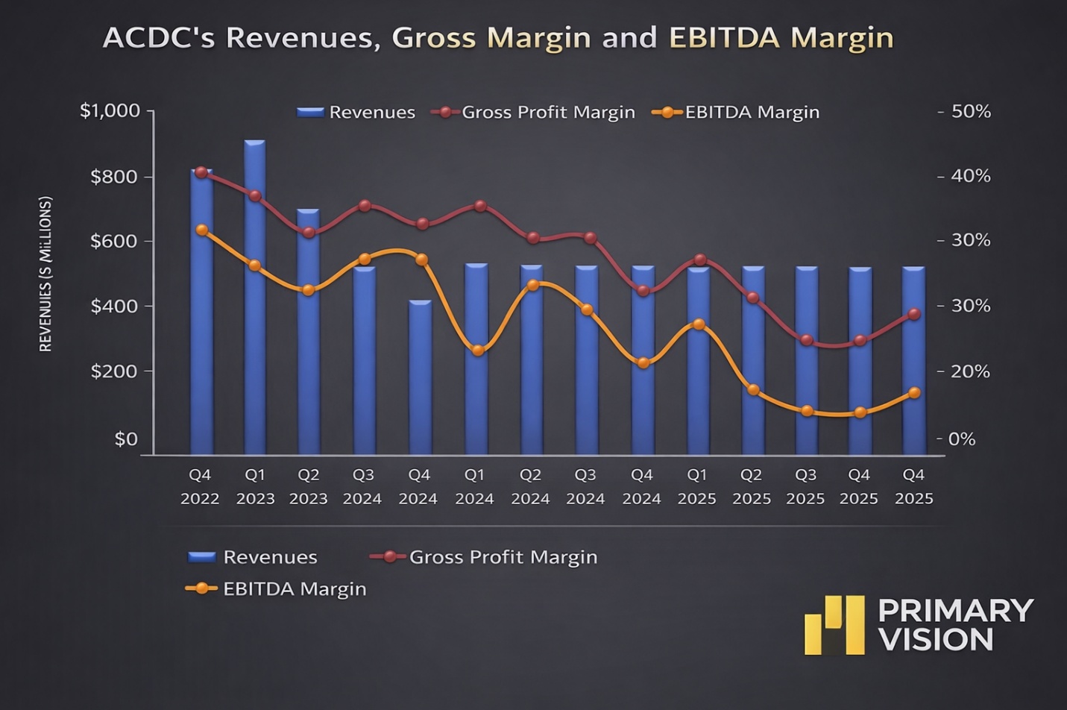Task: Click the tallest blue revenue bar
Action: coord(255,298)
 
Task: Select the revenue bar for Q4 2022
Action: coord(201,313)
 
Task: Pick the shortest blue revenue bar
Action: coord(421,377)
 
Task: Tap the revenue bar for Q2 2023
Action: coord(308,332)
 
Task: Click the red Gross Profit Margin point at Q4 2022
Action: coord(201,172)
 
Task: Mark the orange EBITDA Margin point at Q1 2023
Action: coord(255,266)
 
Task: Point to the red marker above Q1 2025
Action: coord(699,260)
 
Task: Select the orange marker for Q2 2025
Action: coord(753,390)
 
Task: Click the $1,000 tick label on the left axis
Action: coord(110,111)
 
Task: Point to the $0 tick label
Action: coord(126,439)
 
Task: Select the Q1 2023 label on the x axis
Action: coord(255,486)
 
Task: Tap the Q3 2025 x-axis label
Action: coord(805,486)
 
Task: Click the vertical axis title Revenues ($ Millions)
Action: coord(45,274)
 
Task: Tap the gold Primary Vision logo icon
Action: coord(834,625)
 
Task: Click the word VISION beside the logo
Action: coord(937,640)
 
